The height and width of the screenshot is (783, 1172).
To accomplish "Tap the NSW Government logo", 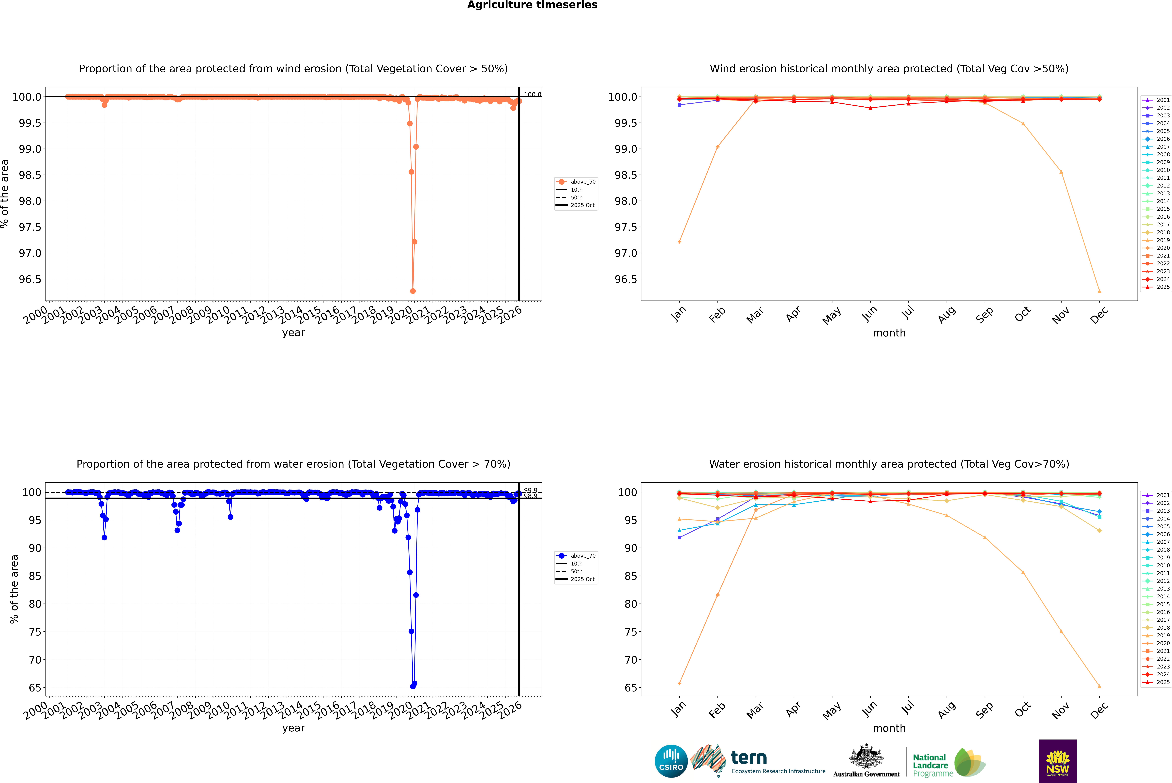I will tap(1058, 761).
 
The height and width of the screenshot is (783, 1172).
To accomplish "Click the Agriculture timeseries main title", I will tap(532, 5).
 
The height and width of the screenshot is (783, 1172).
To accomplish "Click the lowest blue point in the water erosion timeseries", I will tap(413, 686).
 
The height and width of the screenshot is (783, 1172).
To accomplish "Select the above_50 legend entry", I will tap(582, 182).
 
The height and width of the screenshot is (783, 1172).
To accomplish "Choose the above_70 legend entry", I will tap(582, 556).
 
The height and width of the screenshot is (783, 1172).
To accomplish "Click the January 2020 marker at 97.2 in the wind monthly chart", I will tap(679, 242).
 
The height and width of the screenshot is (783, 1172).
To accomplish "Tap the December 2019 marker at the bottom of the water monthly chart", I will tap(1099, 686).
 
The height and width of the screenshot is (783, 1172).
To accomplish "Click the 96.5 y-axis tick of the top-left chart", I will tap(30, 279).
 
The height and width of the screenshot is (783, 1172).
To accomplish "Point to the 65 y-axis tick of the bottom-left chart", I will tap(35, 688).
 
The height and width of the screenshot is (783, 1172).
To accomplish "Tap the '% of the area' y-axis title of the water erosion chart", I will tap(14, 589).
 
